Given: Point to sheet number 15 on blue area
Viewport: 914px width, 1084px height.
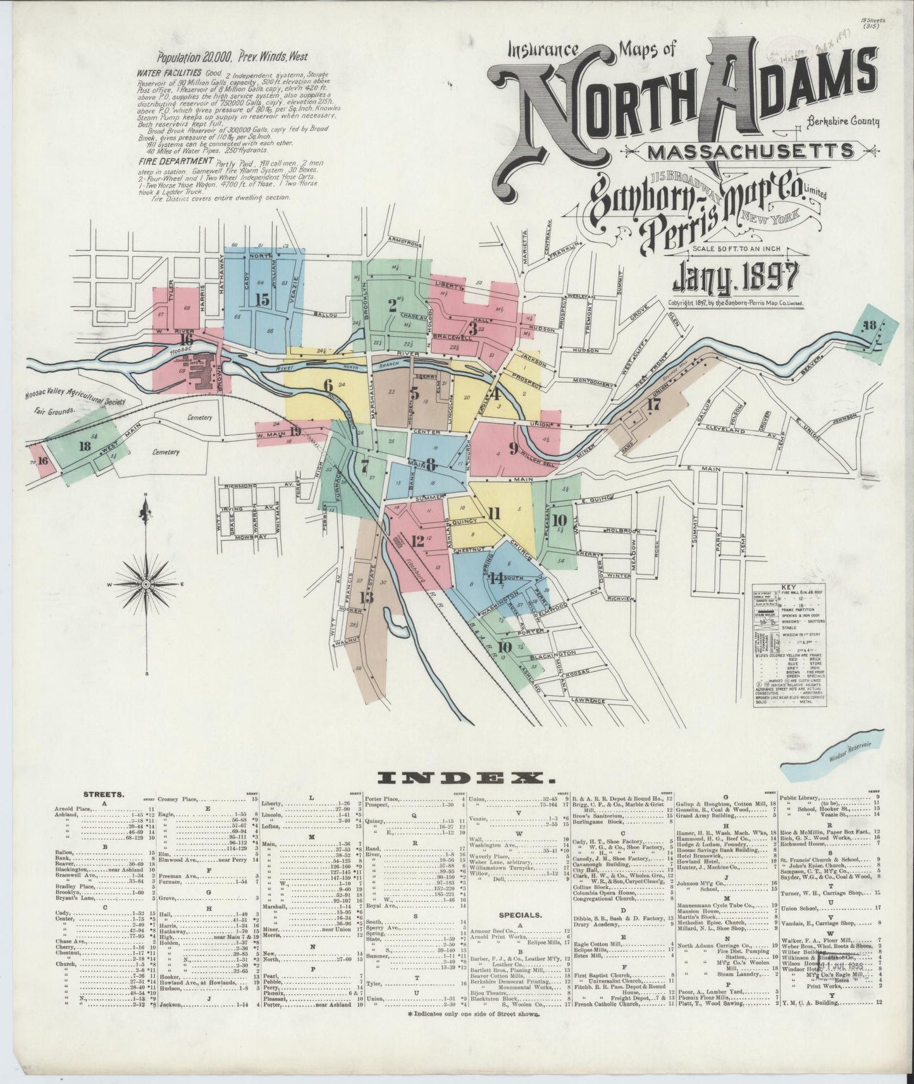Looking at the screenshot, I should point(262,299).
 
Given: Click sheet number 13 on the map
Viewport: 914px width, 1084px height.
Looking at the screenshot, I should point(366,597).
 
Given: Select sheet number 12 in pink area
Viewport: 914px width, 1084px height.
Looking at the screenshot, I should point(417,541).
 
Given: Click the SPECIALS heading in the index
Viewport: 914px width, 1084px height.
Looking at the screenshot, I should point(517,915).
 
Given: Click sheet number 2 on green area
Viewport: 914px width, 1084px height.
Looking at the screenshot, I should point(392,305).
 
